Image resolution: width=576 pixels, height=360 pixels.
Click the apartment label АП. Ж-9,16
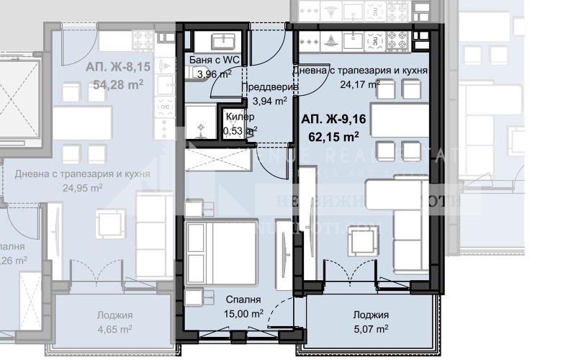332,120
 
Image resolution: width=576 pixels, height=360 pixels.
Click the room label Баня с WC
214,60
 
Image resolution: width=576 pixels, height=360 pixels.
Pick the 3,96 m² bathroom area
214,73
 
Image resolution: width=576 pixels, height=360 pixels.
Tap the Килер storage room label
240,117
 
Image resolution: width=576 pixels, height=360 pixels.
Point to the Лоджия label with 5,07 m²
371,315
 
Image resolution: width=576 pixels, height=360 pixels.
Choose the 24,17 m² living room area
360,84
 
